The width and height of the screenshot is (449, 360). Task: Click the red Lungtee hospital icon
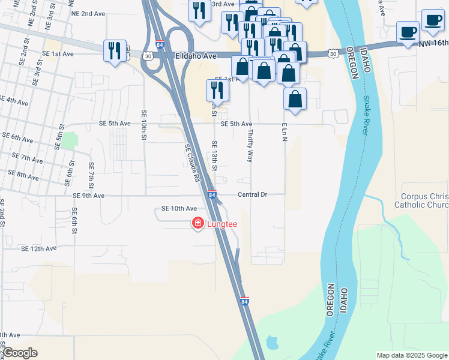(197, 224)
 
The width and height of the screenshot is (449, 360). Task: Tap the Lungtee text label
(223, 224)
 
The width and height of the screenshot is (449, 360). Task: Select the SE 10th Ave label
(179, 208)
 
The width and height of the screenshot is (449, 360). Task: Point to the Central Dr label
(252, 195)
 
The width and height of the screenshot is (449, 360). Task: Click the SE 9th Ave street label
(88, 196)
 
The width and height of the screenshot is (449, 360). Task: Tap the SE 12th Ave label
(38, 248)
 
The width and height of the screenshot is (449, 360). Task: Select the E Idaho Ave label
(196, 56)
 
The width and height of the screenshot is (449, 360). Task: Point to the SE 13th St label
(214, 155)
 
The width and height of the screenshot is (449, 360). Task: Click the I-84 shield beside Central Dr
(212, 195)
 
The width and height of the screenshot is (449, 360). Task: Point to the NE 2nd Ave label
(88, 13)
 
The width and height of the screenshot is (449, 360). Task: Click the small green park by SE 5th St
(71, 141)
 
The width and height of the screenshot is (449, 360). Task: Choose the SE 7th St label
(91, 175)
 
